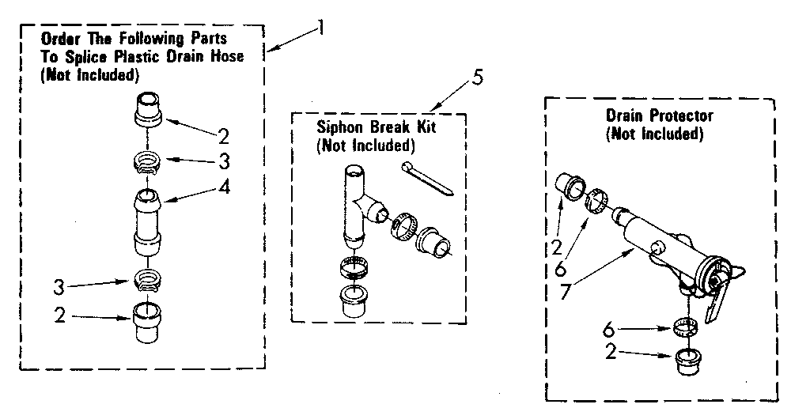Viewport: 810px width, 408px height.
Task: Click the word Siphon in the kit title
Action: coord(338,129)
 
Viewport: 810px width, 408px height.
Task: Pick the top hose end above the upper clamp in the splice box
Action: coord(148,108)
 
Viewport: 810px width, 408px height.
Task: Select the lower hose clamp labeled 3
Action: coord(148,279)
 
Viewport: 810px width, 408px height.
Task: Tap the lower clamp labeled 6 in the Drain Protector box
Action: coord(686,325)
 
